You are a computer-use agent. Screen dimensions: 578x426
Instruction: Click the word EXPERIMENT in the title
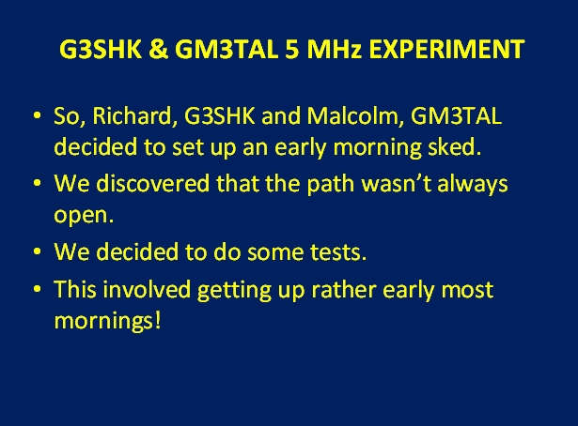click(446, 49)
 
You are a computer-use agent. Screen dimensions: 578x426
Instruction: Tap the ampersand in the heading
click(159, 49)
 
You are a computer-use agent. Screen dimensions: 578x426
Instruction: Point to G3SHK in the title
click(101, 49)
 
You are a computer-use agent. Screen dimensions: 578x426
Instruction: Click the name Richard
click(132, 115)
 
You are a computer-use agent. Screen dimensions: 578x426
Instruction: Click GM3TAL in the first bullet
click(456, 115)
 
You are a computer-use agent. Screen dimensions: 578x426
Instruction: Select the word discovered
click(153, 183)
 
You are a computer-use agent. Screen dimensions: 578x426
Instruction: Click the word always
click(473, 184)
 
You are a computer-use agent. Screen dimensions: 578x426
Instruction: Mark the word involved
click(147, 289)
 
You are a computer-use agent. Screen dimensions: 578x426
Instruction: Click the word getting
click(234, 291)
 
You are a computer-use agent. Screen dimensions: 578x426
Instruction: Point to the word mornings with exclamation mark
click(108, 321)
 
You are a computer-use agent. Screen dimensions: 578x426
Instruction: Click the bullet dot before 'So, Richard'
click(37, 115)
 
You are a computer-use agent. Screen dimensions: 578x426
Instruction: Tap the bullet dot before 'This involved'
click(37, 289)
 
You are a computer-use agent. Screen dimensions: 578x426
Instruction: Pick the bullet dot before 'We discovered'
click(37, 183)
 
